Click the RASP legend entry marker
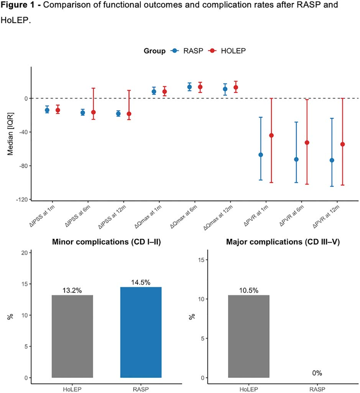[175, 51]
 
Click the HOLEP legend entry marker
[212, 51]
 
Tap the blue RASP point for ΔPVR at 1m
[261, 155]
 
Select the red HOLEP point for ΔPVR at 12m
[342, 145]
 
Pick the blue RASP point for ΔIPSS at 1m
[47, 110]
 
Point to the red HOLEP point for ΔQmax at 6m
[200, 87]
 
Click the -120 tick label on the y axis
[22, 199]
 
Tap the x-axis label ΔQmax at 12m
[218, 217]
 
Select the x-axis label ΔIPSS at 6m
[77, 216]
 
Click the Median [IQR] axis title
[10, 134]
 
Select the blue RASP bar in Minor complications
[141, 332]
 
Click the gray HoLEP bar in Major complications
[249, 336]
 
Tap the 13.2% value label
[72, 291]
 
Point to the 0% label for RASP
[317, 373]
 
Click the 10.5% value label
[249, 291]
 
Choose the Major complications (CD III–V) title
[283, 242]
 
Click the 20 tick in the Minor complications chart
[25, 253]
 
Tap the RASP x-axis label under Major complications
[317, 389]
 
